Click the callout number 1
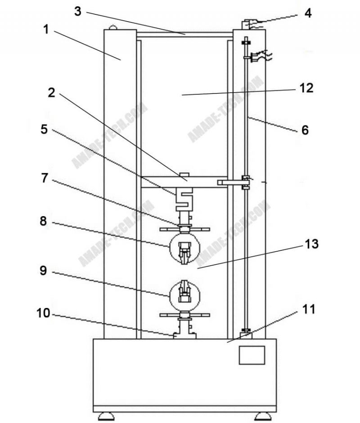pos(46,30)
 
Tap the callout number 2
pos(51,93)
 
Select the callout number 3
pos(78,11)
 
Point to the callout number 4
pos(308,13)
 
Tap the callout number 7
pos(44,178)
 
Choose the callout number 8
pos(44,221)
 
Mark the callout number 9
pos(44,271)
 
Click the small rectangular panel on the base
pos(252,355)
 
